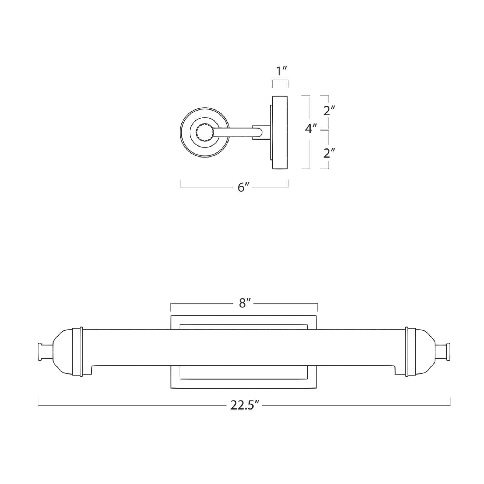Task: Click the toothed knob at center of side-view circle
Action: coord(205,132)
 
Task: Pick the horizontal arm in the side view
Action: coord(237,133)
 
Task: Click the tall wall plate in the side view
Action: coord(280,132)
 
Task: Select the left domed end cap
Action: coord(63,352)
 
